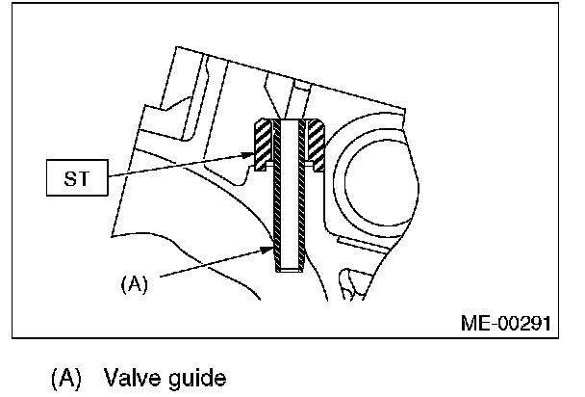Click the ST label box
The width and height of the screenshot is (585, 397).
click(72, 179)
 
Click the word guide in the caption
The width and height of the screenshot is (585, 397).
click(197, 378)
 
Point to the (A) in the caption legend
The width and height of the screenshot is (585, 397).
click(66, 377)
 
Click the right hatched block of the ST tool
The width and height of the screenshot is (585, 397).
click(313, 145)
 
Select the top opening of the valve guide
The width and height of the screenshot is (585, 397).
click(287, 123)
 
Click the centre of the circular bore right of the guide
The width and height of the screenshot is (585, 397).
click(370, 170)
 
